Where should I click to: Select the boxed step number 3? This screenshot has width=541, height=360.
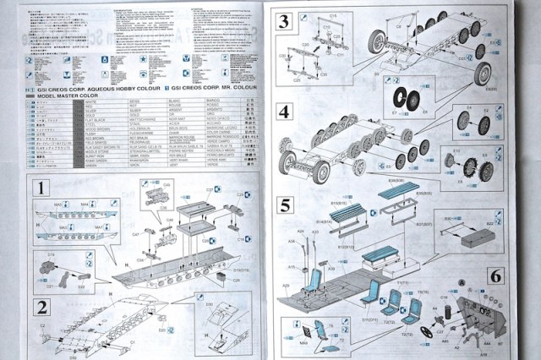tap(284, 23)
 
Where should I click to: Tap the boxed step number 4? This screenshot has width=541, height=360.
tap(284, 112)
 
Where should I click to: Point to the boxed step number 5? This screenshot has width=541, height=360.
tap(284, 205)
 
